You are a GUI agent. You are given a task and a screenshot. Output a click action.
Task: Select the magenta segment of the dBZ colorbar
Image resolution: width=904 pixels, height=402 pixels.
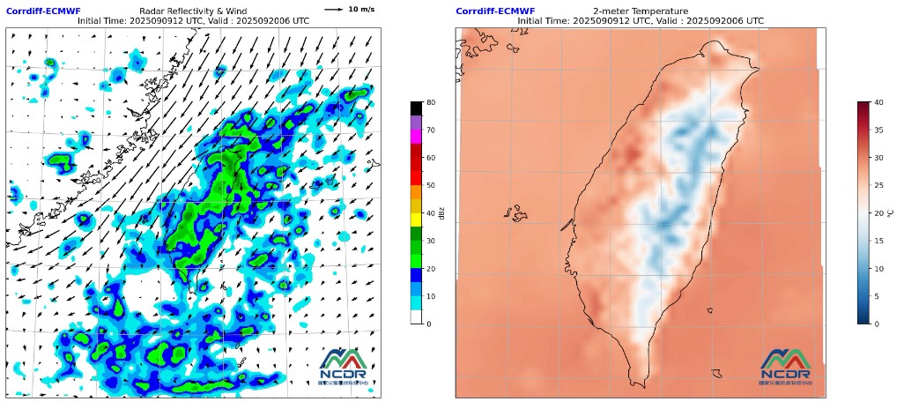coord(416,137)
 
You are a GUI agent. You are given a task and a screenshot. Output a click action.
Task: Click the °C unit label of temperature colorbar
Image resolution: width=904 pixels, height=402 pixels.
coord(891,213)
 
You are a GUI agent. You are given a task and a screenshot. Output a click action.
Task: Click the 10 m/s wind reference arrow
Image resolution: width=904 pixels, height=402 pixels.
coord(333,10)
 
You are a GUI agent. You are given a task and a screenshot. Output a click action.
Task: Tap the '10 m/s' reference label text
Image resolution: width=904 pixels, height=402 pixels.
coord(360,10)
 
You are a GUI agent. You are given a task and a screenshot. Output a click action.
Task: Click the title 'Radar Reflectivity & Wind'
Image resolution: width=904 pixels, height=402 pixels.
coord(193,11)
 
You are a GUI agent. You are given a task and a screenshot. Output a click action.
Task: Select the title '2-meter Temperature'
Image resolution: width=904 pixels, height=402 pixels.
coord(641,11)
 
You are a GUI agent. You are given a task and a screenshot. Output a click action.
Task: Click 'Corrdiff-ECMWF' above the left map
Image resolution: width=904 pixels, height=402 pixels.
coord(43,11)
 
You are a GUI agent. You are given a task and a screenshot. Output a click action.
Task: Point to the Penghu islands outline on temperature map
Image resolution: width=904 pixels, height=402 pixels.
coord(515,213)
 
